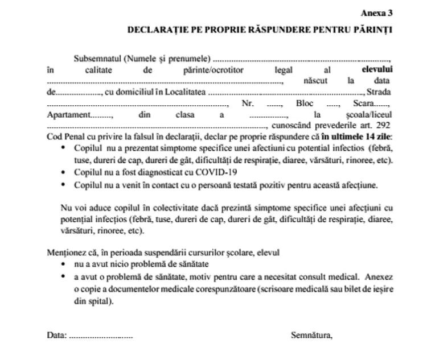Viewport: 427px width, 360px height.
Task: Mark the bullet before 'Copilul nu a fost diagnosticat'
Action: (x=62, y=172)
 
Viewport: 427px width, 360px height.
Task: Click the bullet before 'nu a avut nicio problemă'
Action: (x=62, y=265)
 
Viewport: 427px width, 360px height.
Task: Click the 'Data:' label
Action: (x=56, y=335)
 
